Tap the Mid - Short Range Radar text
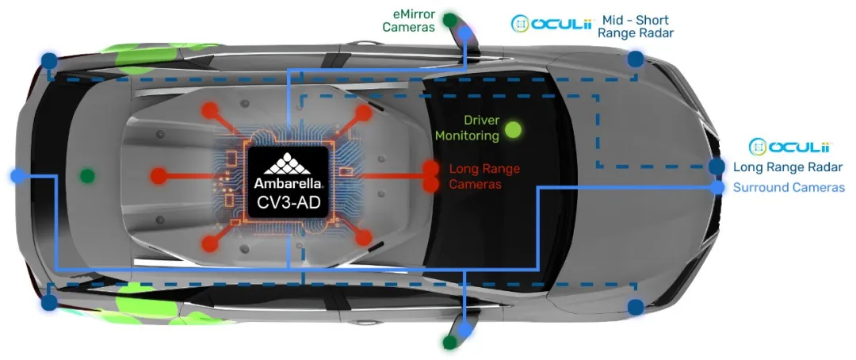(x=635, y=26)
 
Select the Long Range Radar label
(x=787, y=167)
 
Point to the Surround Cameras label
(x=789, y=188)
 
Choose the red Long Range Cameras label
(x=484, y=176)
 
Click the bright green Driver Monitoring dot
(x=514, y=129)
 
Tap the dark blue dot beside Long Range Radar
(x=717, y=167)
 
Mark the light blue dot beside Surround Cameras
(x=717, y=188)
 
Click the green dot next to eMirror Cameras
(x=450, y=20)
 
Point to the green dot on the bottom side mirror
(x=449, y=343)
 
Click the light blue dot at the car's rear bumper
(x=17, y=176)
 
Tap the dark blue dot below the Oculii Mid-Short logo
(x=635, y=59)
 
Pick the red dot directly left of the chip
(x=159, y=176)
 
